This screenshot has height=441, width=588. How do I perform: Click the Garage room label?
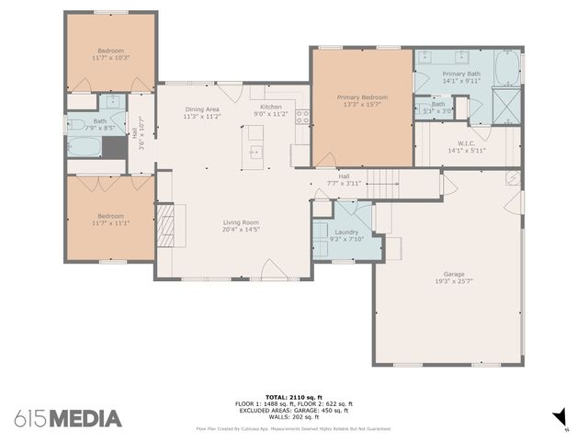click(454, 273)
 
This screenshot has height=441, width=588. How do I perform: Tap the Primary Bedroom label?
click(362, 97)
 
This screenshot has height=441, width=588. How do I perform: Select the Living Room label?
click(242, 221)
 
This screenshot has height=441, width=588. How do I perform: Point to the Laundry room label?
click(346, 232)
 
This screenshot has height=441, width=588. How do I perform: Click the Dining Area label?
click(201, 109)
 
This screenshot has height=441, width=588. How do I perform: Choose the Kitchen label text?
click(271, 107)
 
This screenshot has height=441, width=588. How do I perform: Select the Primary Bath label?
click(461, 73)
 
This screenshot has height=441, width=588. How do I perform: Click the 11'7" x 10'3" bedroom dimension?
click(110, 58)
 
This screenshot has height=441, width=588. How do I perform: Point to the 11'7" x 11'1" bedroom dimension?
click(110, 222)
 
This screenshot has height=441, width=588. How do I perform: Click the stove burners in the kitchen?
click(302, 118)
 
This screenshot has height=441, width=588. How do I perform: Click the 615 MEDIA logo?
click(68, 418)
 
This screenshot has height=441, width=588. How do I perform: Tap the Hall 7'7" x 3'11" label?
click(344, 180)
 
